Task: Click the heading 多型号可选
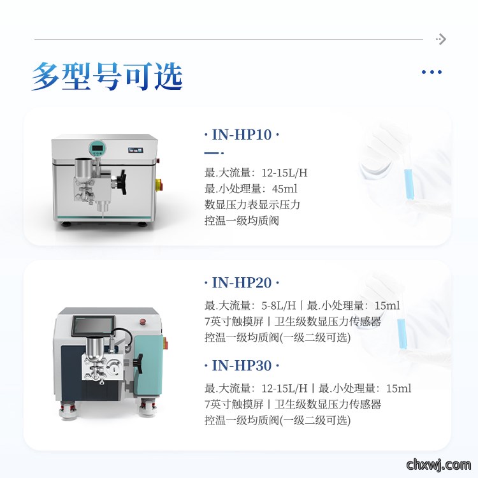click(107, 76)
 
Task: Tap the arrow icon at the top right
click(441, 39)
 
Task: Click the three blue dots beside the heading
click(431, 72)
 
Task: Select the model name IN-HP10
click(242, 134)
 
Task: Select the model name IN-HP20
click(242, 282)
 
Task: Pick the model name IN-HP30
click(242, 366)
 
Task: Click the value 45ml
click(284, 189)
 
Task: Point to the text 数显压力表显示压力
click(252, 205)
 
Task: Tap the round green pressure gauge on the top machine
click(97, 148)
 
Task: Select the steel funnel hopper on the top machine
click(82, 170)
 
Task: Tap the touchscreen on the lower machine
click(94, 326)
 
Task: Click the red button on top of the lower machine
click(142, 321)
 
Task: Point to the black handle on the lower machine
click(139, 363)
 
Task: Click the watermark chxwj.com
click(439, 465)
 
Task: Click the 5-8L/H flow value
click(279, 305)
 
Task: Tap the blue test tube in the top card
click(409, 184)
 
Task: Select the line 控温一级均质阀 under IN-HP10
click(242, 221)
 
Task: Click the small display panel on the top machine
click(136, 150)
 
